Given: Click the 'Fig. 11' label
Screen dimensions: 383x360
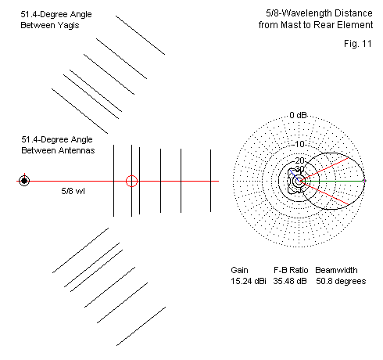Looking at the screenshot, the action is pyautogui.click(x=358, y=44).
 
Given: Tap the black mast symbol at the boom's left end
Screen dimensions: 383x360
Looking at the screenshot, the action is pyautogui.click(x=24, y=181).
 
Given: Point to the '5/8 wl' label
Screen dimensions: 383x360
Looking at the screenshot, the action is pyautogui.click(x=73, y=191).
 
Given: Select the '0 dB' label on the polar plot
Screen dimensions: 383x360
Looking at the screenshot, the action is pyautogui.click(x=298, y=115).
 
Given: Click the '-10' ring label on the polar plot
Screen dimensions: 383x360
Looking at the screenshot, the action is pyautogui.click(x=299, y=144).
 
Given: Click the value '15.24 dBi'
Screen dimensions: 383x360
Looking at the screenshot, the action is pyautogui.click(x=249, y=281).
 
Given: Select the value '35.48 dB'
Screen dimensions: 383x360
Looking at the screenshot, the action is pyautogui.click(x=290, y=281).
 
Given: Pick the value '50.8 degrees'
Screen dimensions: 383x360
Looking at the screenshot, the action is pyautogui.click(x=341, y=281).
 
